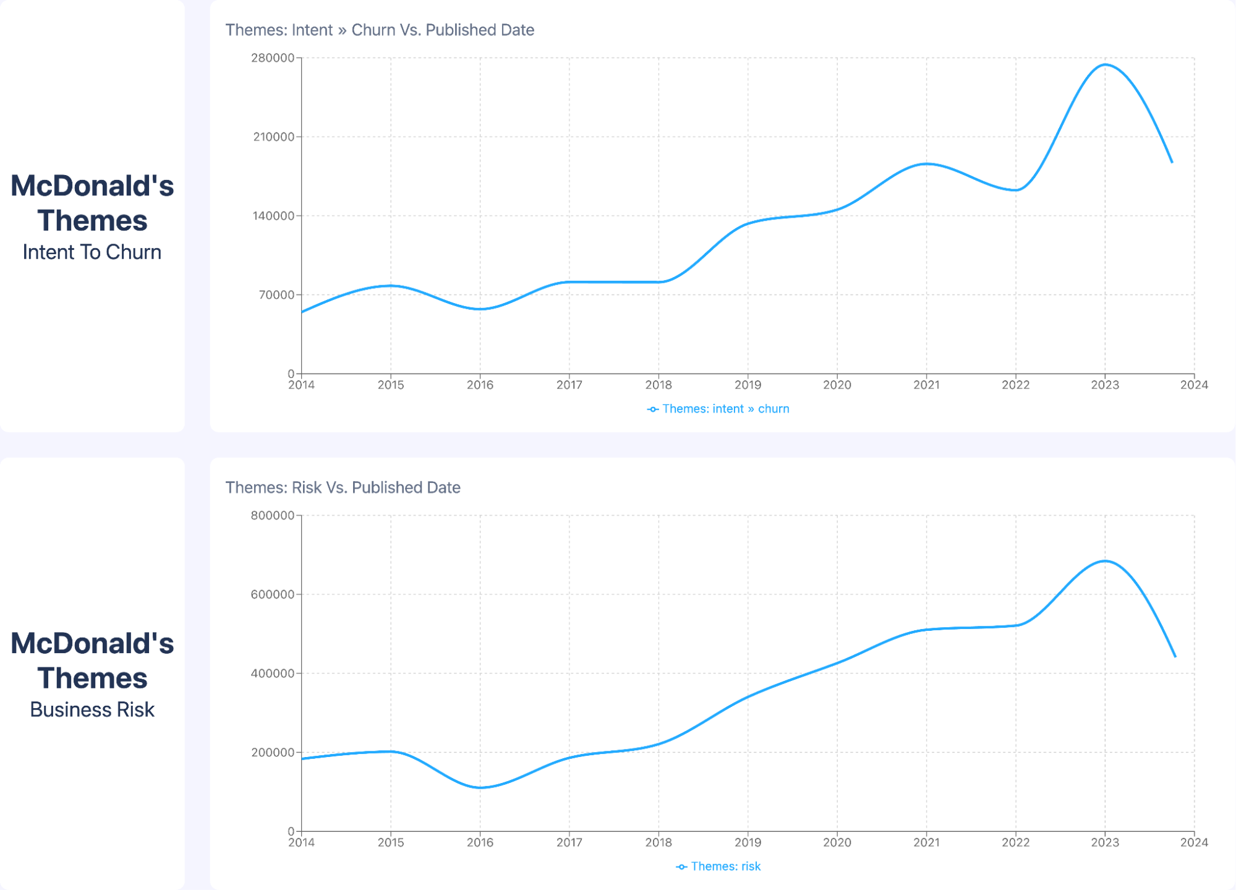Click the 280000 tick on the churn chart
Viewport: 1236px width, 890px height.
click(273, 58)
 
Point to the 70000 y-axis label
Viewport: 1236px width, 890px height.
click(276, 295)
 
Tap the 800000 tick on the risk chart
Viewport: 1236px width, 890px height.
click(273, 516)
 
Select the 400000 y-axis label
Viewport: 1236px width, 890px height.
click(273, 674)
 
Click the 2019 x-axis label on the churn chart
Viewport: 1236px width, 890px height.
click(748, 385)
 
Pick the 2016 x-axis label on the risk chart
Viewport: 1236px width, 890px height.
click(480, 842)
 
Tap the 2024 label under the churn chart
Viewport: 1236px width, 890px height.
click(1194, 385)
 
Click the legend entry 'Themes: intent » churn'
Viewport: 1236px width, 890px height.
click(718, 409)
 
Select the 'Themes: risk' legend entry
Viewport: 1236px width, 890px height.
click(718, 866)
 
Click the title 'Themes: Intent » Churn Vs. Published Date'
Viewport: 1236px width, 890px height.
click(380, 30)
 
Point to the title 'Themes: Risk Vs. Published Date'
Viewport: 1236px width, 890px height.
click(343, 487)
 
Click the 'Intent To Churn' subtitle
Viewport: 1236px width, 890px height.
click(92, 252)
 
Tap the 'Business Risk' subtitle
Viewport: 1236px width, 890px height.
click(92, 710)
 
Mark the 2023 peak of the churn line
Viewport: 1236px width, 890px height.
click(1105, 64)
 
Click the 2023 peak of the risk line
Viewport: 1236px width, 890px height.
click(1105, 561)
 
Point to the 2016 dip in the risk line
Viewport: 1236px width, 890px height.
click(480, 787)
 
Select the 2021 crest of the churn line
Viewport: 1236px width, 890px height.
click(926, 164)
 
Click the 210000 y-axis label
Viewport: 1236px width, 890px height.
click(273, 137)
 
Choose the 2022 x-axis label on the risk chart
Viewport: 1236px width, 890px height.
click(1015, 842)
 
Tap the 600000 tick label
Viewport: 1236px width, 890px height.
click(273, 595)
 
